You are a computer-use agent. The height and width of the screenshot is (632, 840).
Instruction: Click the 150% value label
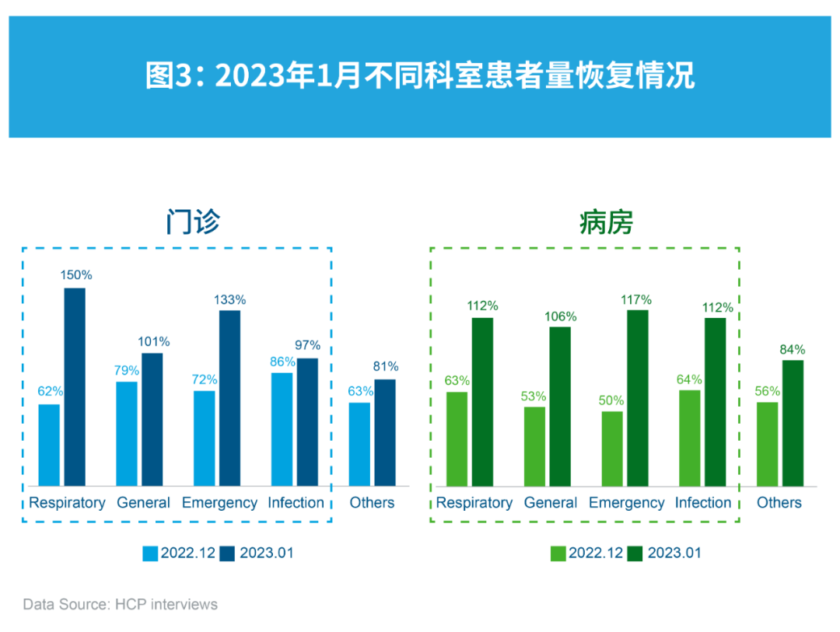click(x=75, y=275)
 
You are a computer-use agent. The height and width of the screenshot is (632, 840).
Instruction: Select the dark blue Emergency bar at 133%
click(x=229, y=398)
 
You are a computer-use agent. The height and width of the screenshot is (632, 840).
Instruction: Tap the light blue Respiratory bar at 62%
click(x=49, y=445)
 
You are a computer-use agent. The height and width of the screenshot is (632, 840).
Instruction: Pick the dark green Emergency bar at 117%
click(x=637, y=398)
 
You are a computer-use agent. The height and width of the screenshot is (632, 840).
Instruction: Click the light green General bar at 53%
click(x=534, y=446)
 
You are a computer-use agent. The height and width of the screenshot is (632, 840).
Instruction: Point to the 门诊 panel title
click(x=193, y=222)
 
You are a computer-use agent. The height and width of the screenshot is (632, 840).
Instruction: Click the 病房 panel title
click(x=606, y=222)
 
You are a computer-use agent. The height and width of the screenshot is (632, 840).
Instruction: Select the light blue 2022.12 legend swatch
click(x=150, y=553)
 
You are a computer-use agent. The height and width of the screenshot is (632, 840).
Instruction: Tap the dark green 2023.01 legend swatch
click(x=636, y=553)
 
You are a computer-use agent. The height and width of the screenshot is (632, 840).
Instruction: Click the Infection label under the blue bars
click(x=296, y=503)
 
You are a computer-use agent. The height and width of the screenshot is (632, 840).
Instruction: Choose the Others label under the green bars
click(x=779, y=503)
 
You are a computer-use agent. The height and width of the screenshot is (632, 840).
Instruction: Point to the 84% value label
click(x=793, y=350)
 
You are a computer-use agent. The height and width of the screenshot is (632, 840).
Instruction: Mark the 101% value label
click(x=153, y=342)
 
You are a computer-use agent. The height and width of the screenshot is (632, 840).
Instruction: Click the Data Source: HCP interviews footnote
click(x=120, y=604)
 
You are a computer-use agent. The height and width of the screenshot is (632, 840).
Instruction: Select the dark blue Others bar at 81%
click(x=385, y=432)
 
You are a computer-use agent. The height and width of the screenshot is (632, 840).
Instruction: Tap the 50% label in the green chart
click(x=611, y=400)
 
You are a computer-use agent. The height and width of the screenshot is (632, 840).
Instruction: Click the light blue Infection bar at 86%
click(x=282, y=429)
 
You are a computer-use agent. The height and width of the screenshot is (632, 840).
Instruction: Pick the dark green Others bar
click(x=793, y=423)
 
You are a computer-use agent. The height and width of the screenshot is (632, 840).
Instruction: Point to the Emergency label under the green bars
click(x=626, y=503)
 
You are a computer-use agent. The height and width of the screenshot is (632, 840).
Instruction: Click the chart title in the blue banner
click(x=419, y=77)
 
